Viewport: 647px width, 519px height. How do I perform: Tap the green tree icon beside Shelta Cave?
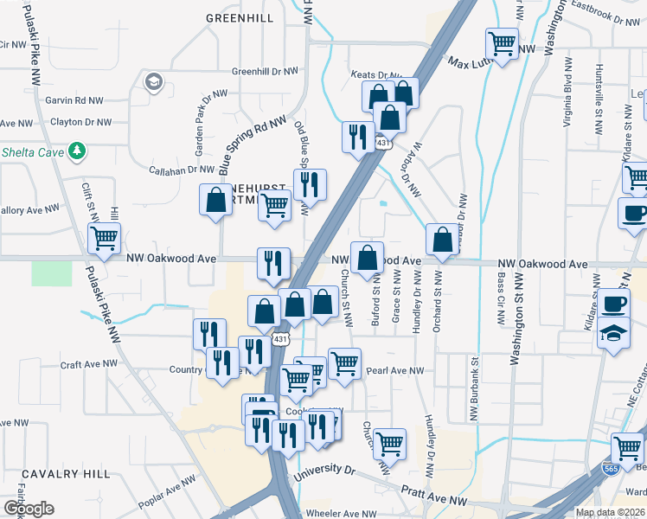tap(77, 151)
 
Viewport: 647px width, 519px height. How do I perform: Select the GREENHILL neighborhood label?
tap(240, 17)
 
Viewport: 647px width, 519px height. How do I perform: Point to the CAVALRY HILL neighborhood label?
tap(66, 474)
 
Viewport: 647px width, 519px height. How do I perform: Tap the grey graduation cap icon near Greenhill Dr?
tap(153, 82)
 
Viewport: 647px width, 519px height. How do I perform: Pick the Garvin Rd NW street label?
tap(75, 100)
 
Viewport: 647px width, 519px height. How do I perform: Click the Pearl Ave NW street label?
tap(395, 370)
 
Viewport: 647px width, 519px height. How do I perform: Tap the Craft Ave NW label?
tap(87, 364)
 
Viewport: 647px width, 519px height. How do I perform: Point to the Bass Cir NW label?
tap(499, 293)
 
